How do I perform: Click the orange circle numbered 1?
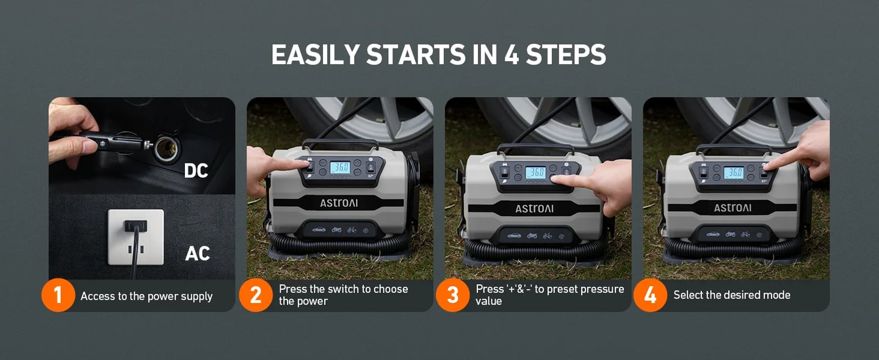(x=58, y=295)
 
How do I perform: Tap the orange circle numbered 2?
(x=255, y=295)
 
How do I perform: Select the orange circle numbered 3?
(x=453, y=295)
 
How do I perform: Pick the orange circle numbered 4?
(x=650, y=295)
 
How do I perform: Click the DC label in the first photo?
(x=196, y=171)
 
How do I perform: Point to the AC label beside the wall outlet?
(x=197, y=253)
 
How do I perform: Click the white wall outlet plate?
(x=136, y=237)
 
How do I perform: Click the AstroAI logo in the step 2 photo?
(x=339, y=203)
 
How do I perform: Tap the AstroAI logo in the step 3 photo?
(x=534, y=209)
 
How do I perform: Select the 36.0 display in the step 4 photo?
(x=733, y=173)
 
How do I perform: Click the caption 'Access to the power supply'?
(x=146, y=297)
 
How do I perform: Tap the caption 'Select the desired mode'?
(x=731, y=295)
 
